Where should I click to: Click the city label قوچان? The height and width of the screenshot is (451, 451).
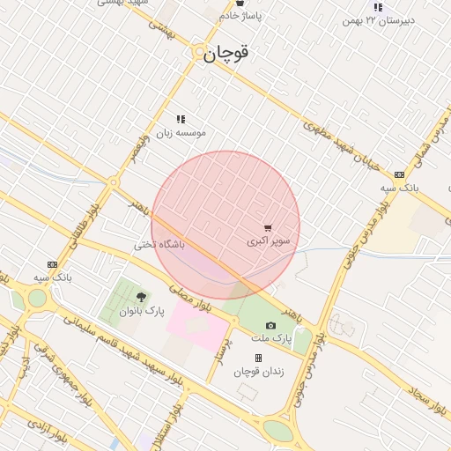pyautogui.click(x=226, y=53)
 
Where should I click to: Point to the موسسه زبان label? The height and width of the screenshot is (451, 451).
pyautogui.click(x=181, y=132)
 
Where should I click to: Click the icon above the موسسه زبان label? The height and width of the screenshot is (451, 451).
pyautogui.click(x=181, y=119)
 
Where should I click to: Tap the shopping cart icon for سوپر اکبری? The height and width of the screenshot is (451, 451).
pyautogui.click(x=268, y=227)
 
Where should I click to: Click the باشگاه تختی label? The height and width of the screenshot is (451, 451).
pyautogui.click(x=160, y=244)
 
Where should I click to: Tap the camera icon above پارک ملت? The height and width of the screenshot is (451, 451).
pyautogui.click(x=270, y=325)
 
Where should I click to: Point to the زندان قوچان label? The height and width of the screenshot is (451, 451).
pyautogui.click(x=258, y=372)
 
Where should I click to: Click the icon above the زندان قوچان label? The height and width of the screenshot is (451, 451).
pyautogui.click(x=258, y=359)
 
